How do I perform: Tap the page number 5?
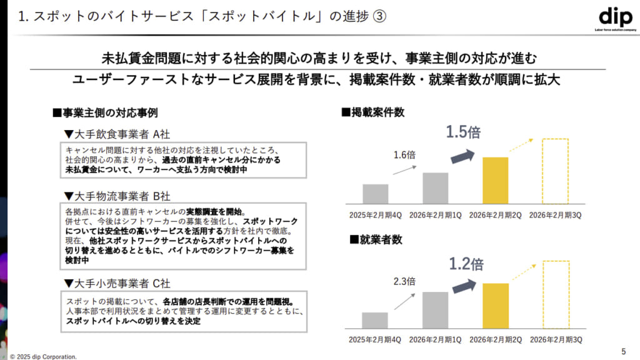(623, 350)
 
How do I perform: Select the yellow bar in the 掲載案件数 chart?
(496, 181)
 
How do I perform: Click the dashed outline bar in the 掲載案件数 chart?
(555, 171)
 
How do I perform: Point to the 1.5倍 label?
(462, 132)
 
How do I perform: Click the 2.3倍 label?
(404, 281)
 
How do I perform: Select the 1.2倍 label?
(466, 264)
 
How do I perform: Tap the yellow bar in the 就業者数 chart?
(496, 306)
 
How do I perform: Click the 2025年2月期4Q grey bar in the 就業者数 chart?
(375, 320)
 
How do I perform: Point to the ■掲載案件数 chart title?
(372, 112)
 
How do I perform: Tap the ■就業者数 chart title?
(368, 239)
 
